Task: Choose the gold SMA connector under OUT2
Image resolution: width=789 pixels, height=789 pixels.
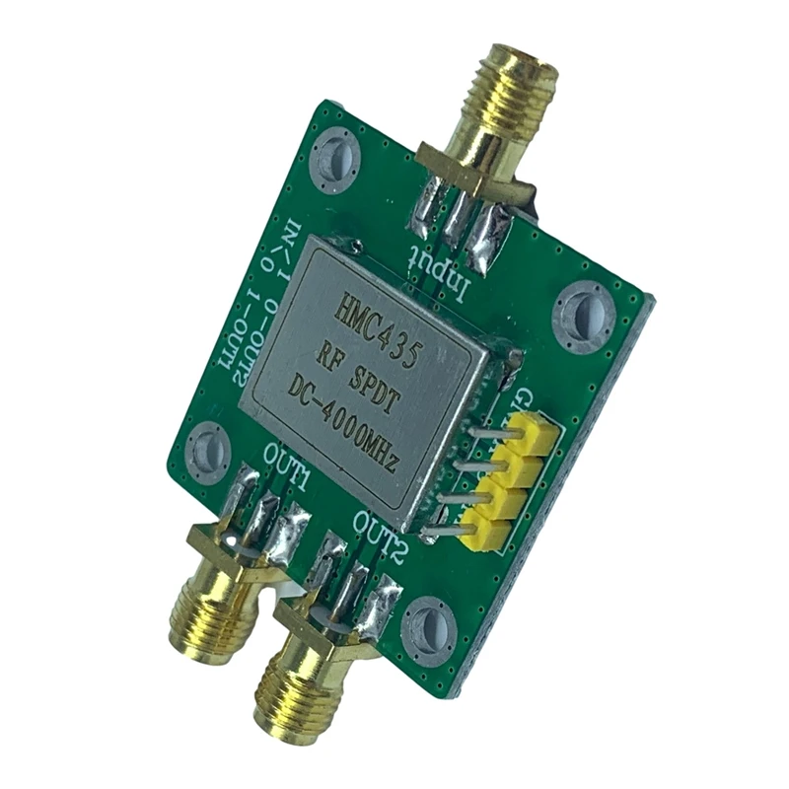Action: tap(296, 690)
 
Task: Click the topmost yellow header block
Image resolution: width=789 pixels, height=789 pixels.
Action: tap(534, 430)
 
